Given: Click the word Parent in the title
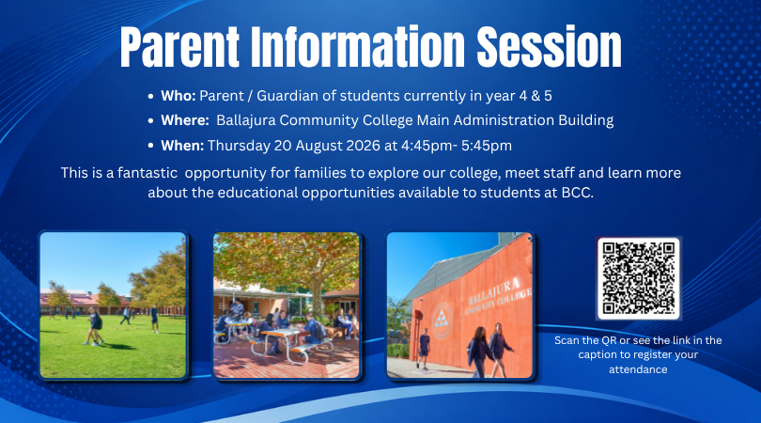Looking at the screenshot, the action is click(179, 47).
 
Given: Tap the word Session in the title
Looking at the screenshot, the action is click(549, 47).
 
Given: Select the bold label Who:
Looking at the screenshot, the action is click(179, 96).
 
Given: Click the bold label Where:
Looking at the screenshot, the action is click(185, 120).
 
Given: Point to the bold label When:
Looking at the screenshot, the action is click(182, 145).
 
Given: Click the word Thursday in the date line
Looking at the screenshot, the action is click(239, 146).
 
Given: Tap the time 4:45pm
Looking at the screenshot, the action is click(427, 146).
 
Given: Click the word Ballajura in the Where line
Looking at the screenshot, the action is click(246, 120).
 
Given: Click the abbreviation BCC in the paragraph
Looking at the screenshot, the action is click(577, 193).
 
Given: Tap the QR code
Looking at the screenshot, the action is click(639, 278).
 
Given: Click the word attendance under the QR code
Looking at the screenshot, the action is click(638, 369).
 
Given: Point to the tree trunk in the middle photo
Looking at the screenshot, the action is click(317, 300).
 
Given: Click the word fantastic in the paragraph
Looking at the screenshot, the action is click(148, 173).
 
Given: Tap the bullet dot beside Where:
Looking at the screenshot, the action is click(151, 120).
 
